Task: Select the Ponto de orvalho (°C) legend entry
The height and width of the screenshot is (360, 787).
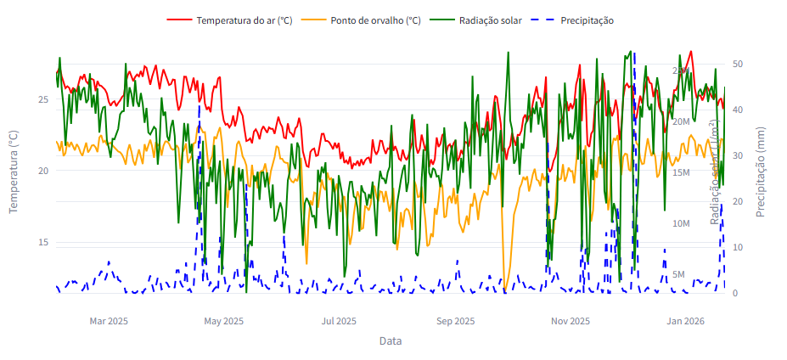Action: pos(374,20)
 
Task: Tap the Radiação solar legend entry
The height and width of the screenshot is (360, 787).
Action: pos(490,20)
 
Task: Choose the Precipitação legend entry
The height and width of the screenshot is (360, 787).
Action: pos(587,20)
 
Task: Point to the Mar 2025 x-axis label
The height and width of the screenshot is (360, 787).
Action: pos(109,321)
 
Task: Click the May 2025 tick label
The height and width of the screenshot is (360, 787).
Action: pos(224,321)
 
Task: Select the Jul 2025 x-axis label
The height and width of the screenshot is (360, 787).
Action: pos(339,321)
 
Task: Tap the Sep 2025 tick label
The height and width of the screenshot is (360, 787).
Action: pos(455,321)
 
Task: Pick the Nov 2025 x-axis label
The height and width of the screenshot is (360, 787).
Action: pos(570,321)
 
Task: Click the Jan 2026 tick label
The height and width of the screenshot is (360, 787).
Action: pos(685,321)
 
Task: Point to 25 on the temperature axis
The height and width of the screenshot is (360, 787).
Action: pos(43,99)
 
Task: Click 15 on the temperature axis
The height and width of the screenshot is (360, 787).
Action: pos(43,243)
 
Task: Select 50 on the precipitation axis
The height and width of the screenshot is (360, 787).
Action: pos(738,64)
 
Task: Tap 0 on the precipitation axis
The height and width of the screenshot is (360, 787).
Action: pos(735,293)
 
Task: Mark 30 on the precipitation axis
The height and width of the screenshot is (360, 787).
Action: pos(738,155)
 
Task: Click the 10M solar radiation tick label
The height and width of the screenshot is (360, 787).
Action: pos(681,223)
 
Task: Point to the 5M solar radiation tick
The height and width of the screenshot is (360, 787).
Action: pos(678,274)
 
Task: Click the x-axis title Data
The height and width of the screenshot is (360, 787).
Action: pos(391,341)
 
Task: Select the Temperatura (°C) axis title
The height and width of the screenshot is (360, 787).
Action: pos(14,171)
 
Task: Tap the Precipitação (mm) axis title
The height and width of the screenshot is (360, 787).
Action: pos(761,171)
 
